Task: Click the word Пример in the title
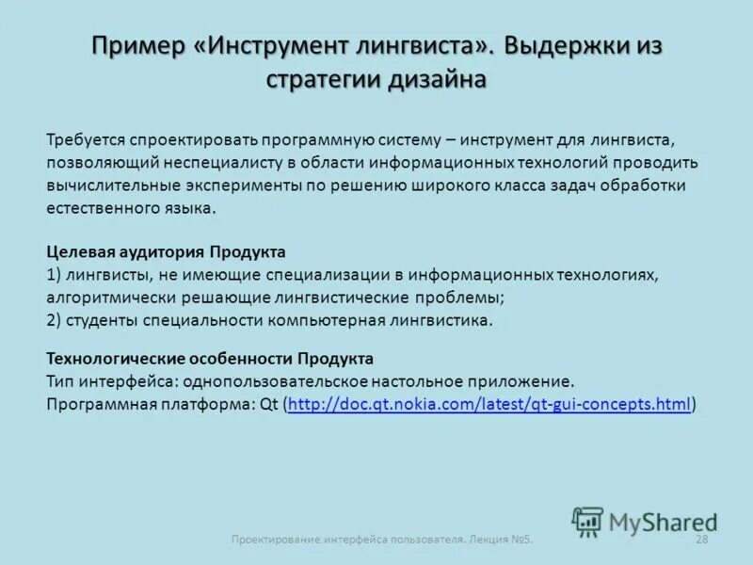[138, 46]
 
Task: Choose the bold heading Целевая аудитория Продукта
[166, 252]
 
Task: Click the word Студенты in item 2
[101, 320]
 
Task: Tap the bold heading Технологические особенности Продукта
[210, 359]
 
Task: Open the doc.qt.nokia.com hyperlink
[489, 404]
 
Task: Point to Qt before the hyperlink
[267, 404]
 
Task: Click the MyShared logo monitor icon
[588, 521]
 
